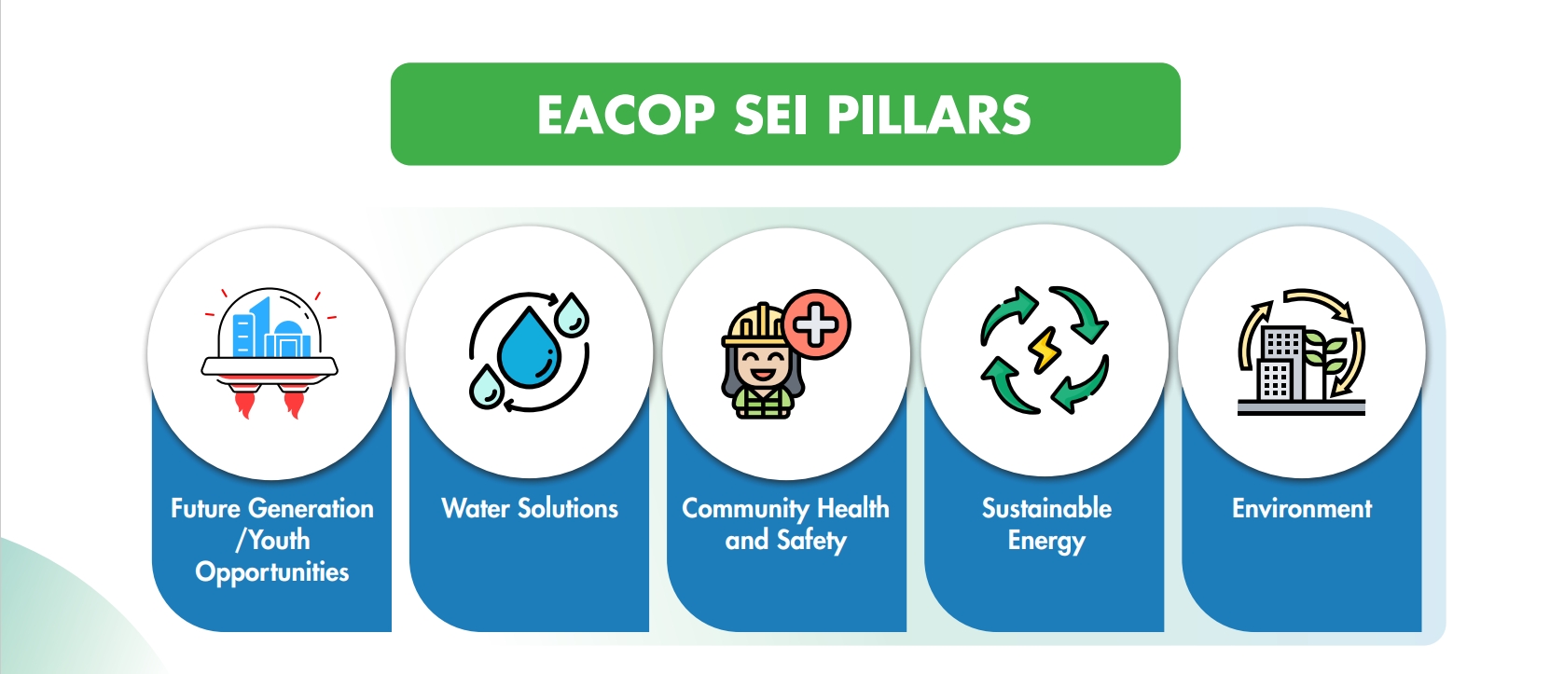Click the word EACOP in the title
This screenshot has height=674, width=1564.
627,115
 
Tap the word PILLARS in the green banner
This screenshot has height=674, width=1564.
929,115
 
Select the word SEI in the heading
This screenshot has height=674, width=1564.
771,115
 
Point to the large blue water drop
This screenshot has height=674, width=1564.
529,347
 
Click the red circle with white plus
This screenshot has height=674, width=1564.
816,324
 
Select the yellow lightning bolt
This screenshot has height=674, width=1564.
1044,350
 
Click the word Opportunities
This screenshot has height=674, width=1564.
272,572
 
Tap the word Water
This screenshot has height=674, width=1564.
476,509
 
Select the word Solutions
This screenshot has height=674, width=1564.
568,509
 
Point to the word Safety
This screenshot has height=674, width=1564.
811,541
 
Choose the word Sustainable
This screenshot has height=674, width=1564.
1046,509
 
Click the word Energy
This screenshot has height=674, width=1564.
1046,542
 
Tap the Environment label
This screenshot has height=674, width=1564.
1302,509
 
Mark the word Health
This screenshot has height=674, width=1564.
853,509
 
